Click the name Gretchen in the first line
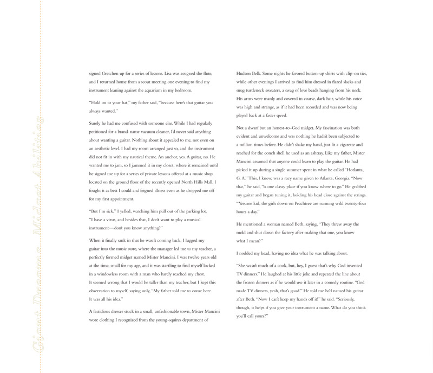pyautogui.click(x=114, y=73)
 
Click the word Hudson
pyautogui.click(x=246, y=73)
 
